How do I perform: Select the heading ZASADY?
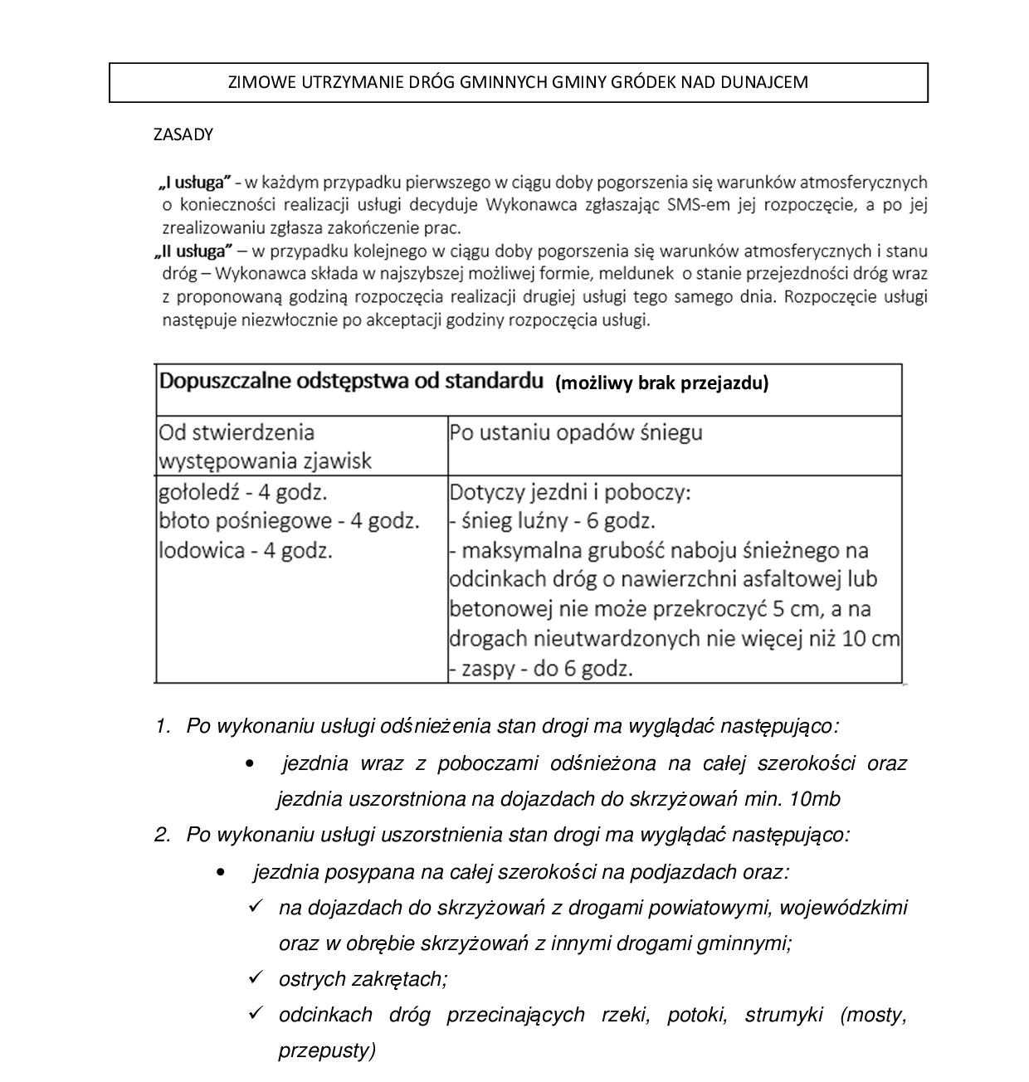[x=183, y=134]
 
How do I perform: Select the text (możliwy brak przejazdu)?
[x=662, y=383]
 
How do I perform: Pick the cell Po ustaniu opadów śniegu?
[x=576, y=432]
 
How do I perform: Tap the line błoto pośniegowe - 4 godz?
[x=289, y=521]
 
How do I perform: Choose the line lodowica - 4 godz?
[x=246, y=550]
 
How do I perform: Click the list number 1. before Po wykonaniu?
[x=162, y=726]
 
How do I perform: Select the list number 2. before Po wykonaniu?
[x=162, y=834]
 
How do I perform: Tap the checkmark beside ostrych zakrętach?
[x=256, y=977]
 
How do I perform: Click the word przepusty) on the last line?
[x=327, y=1050]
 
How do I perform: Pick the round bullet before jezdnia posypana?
[x=220, y=872]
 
